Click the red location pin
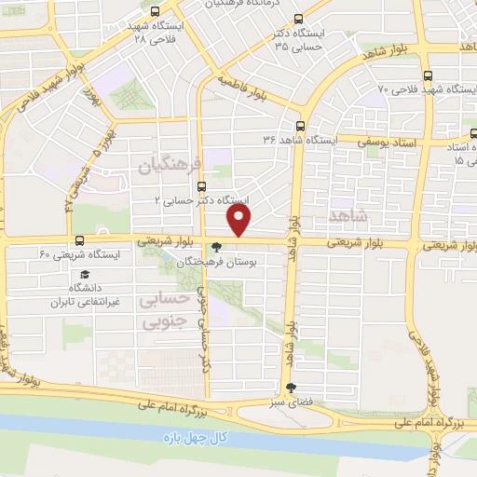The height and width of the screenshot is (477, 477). pyautogui.click(x=240, y=220)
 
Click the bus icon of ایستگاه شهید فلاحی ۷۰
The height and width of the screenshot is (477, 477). pyautogui.click(x=428, y=76)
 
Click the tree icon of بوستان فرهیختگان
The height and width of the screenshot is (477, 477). pyautogui.click(x=217, y=249)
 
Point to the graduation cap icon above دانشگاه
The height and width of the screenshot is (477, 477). pyautogui.click(x=84, y=276)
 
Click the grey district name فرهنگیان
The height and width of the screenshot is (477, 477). pyautogui.click(x=170, y=166)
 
